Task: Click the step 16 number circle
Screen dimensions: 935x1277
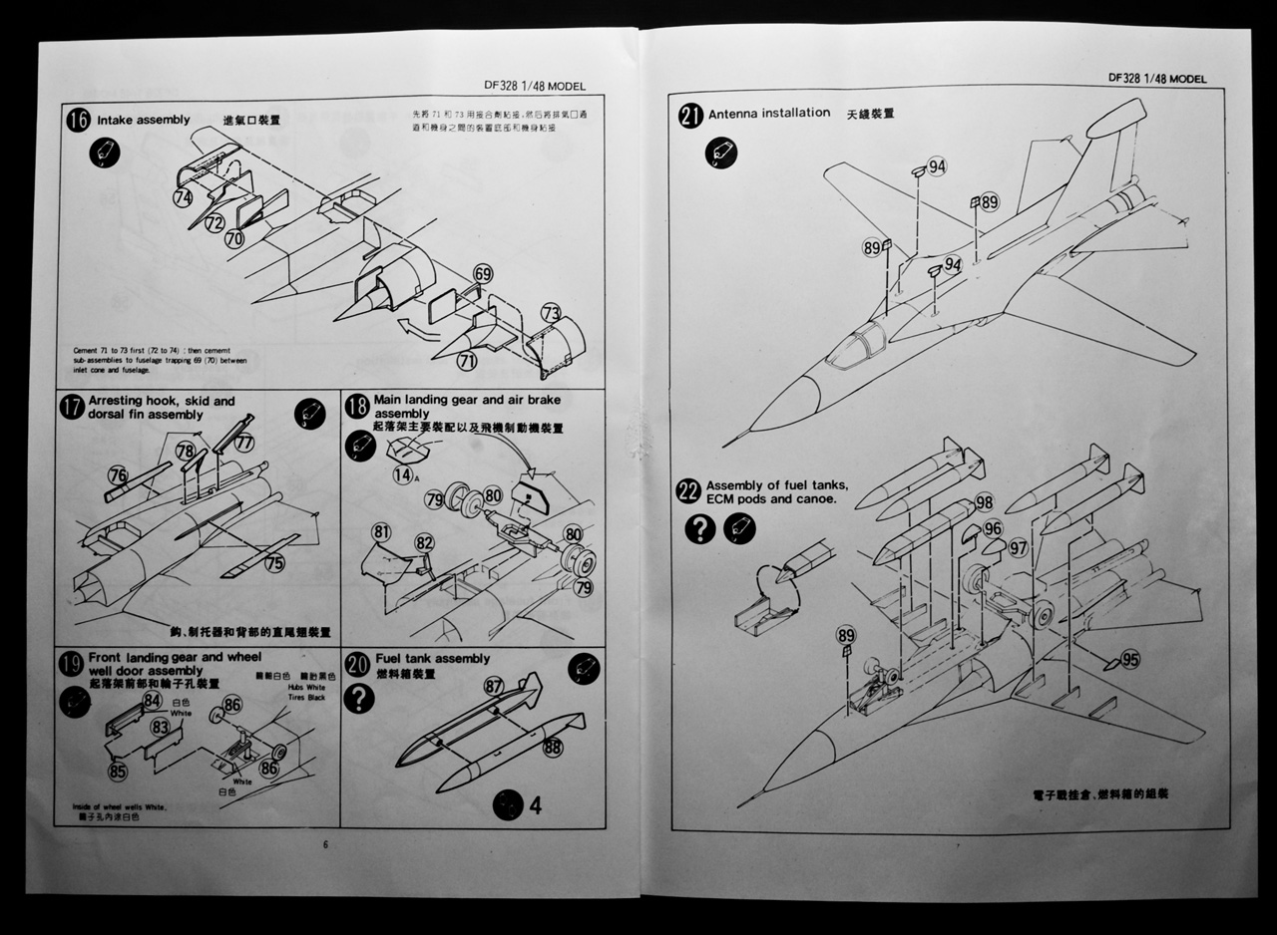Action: [x=78, y=121]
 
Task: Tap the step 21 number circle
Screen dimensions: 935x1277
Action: [x=690, y=115]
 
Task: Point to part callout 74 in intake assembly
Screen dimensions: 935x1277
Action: [x=183, y=198]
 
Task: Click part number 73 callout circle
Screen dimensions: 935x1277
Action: [x=552, y=312]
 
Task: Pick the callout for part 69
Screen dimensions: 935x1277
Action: [x=484, y=274]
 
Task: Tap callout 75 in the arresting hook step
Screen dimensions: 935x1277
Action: [x=275, y=563]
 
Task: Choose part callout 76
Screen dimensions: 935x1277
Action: [x=118, y=475]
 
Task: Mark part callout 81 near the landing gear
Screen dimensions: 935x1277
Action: [x=381, y=531]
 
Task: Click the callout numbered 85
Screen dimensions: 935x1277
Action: [x=118, y=770]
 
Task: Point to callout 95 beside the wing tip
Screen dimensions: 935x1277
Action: [x=1129, y=659]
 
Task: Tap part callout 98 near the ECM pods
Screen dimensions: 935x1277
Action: [x=984, y=501]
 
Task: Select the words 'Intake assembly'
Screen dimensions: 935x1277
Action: [x=144, y=121]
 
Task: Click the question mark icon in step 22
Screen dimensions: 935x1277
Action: [x=700, y=528]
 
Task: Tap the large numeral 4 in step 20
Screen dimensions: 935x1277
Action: [x=535, y=804]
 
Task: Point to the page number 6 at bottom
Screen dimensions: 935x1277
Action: [x=325, y=845]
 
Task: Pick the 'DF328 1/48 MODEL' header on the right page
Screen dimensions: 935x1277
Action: [x=1157, y=79]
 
